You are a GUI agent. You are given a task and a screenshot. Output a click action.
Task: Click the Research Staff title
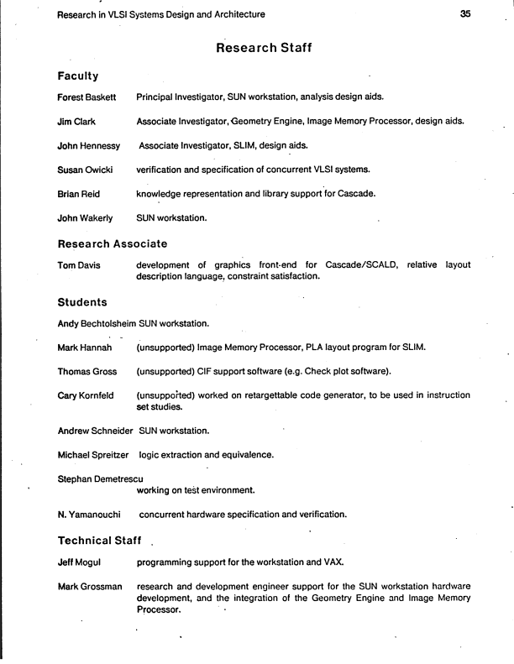pos(265,48)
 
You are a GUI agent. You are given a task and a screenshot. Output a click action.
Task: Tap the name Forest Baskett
pos(87,97)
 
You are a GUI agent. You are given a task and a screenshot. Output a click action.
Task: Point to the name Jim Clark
pos(76,122)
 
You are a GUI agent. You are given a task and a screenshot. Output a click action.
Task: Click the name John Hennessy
pos(88,146)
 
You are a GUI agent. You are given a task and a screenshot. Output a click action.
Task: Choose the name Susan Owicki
pos(86,170)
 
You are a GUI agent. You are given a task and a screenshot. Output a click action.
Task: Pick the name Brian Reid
pos(81,195)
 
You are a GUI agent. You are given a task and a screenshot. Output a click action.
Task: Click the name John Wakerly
pos(85,219)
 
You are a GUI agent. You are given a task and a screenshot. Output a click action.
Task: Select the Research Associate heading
pos(113,243)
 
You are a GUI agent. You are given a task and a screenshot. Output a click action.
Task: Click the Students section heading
pos(83,301)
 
